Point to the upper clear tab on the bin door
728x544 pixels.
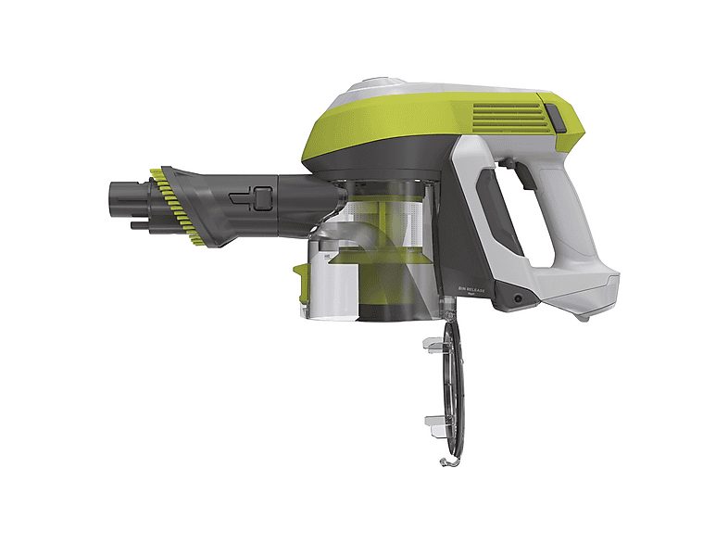[x=433, y=344]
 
